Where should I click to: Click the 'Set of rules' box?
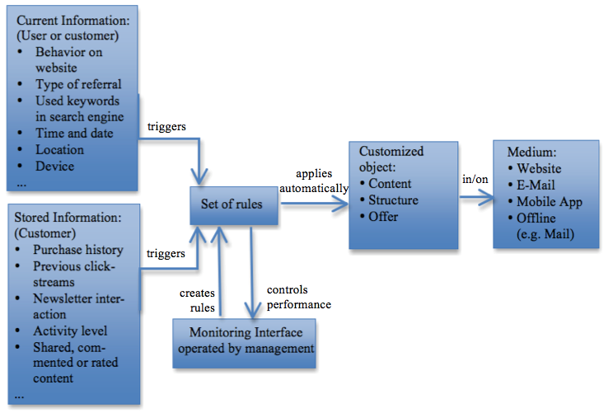(233, 204)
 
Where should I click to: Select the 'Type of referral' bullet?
(78, 84)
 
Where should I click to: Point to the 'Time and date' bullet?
(74, 133)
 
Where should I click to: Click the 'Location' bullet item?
(59, 149)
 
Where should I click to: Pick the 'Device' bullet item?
(54, 166)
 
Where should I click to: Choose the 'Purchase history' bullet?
(78, 250)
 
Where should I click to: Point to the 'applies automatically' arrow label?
(314, 181)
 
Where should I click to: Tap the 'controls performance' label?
(298, 298)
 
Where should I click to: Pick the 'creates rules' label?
(198, 301)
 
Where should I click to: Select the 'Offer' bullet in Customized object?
(383, 216)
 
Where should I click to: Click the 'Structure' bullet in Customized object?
(393, 200)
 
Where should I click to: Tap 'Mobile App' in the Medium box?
(549, 202)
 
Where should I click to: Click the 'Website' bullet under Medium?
(539, 169)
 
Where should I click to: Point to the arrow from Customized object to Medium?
(475, 199)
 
